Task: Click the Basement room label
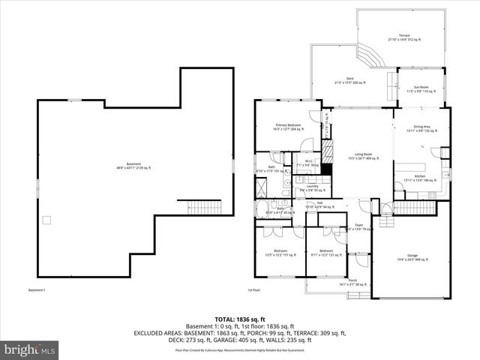[133, 166]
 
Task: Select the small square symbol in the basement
[46, 220]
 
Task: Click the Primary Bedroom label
[289, 127]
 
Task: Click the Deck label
[349, 81]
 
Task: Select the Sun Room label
[419, 89]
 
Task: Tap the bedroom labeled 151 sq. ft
[280, 253]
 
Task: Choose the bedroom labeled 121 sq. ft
[325, 253]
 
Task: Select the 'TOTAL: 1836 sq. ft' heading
[240, 319]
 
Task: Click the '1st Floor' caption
[253, 289]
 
